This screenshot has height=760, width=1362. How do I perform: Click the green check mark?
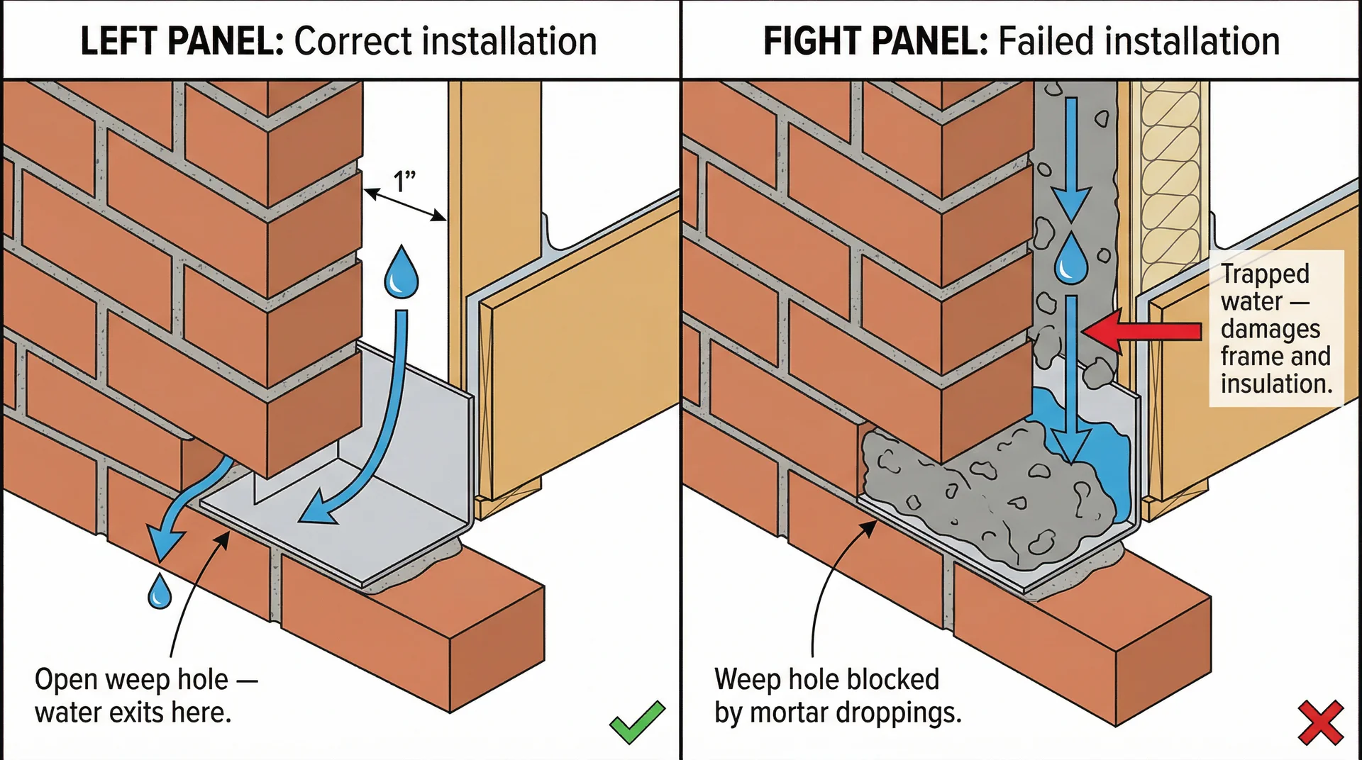point(636,723)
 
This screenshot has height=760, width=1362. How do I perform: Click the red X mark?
point(1320,723)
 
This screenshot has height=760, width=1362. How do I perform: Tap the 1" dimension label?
point(404,181)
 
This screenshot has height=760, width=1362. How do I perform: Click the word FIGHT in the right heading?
point(811,41)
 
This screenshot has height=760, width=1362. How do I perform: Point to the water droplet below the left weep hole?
point(160,593)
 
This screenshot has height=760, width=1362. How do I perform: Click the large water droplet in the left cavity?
point(402,273)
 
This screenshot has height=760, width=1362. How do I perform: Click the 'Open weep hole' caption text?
point(131,680)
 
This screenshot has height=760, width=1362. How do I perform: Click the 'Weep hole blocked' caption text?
point(826,680)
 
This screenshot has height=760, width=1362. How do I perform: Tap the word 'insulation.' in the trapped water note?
point(1276,384)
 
